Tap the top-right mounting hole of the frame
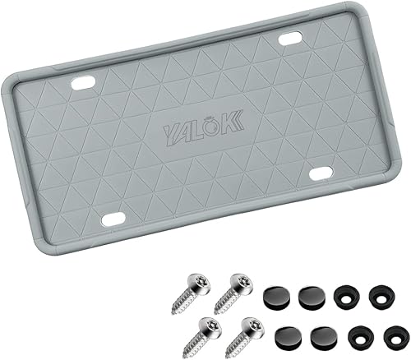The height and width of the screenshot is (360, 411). pos(289,38)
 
